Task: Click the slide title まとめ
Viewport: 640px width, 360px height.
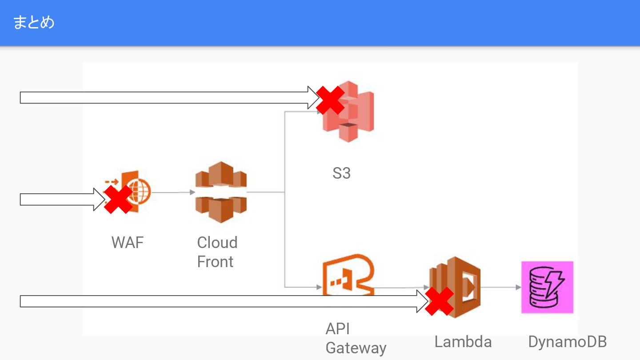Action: coord(34,22)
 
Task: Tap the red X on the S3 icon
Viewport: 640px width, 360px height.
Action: coord(330,100)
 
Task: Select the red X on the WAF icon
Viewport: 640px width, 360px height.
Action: coord(118,200)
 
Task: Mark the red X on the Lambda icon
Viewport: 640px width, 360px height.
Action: coord(439,301)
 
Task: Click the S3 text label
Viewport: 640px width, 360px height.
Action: coord(341,173)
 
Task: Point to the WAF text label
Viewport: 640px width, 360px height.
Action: coord(128,243)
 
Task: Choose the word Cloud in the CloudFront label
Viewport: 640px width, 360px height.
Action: coord(217,243)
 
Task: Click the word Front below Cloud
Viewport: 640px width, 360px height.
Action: coord(215,262)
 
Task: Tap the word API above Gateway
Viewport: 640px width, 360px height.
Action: coord(338,329)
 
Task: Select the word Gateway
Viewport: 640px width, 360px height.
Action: coord(356,348)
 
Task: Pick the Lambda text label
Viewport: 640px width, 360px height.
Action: coord(463,342)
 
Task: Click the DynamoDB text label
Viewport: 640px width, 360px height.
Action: coord(567,342)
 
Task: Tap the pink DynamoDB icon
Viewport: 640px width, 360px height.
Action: coord(547,287)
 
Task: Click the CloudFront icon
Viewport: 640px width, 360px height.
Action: coord(221,192)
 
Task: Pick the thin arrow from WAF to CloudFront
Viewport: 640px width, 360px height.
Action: coord(173,192)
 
